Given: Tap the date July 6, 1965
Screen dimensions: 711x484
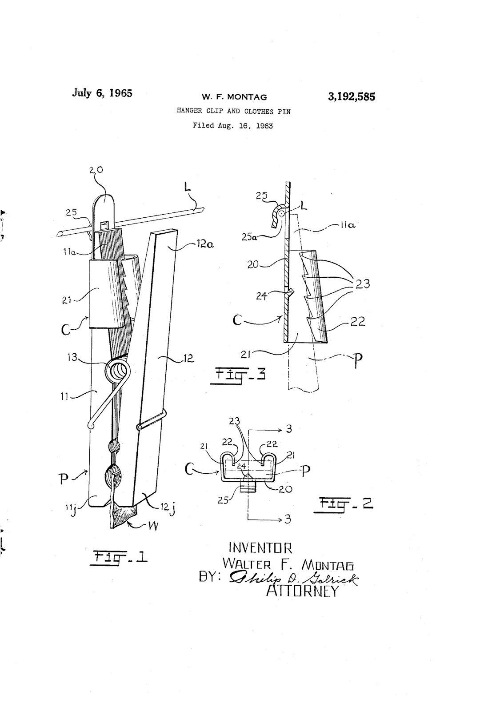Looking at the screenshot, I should [102, 93].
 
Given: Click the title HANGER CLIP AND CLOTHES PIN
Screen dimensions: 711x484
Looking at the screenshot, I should [233, 112].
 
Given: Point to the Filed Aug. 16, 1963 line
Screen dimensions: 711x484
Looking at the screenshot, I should [233, 126].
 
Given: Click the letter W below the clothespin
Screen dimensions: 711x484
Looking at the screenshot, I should [152, 527].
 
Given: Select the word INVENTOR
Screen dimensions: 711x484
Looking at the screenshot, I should [260, 547].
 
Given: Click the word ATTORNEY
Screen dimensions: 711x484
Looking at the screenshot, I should [302, 591].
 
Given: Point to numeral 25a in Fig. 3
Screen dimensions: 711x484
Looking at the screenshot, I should [249, 237].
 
